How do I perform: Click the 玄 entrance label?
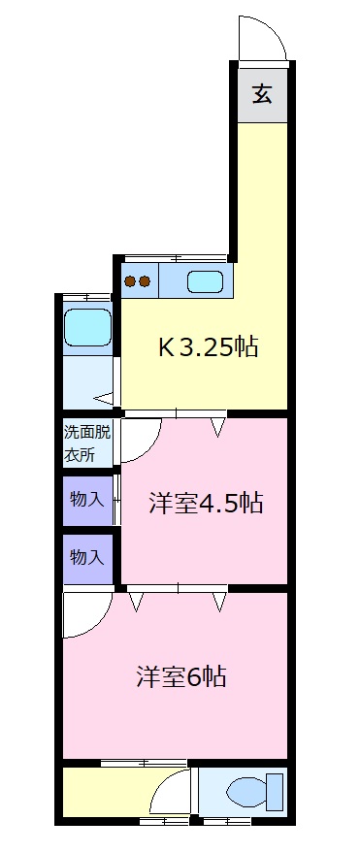click(x=262, y=94)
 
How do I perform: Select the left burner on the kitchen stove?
click(x=129, y=282)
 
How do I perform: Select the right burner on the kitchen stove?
click(x=145, y=282)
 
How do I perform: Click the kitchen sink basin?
click(x=205, y=282)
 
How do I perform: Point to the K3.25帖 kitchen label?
click(x=209, y=346)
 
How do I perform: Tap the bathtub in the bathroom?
click(x=87, y=327)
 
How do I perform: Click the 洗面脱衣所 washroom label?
click(x=87, y=443)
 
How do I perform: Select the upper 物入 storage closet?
click(x=86, y=501)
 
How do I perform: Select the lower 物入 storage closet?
click(x=86, y=559)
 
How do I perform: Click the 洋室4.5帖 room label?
click(x=205, y=503)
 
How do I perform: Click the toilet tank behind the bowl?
click(x=275, y=793)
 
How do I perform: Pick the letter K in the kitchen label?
click(x=166, y=346)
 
